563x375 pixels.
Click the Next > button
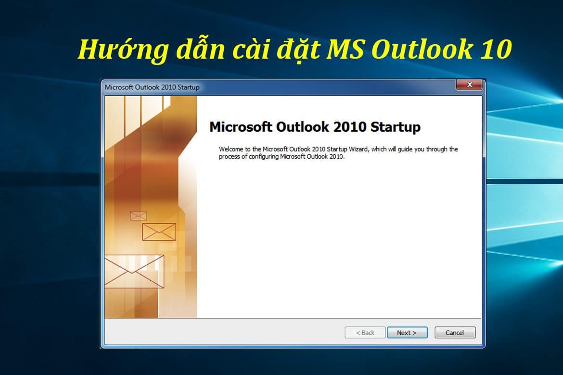pyautogui.click(x=407, y=333)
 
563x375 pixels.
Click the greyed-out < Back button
pyautogui.click(x=365, y=333)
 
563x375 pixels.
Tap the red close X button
pyautogui.click(x=469, y=85)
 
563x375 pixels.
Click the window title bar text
pyautogui.click(x=152, y=87)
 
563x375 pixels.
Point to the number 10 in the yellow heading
pyautogui.click(x=495, y=50)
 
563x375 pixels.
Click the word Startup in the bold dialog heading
pyautogui.click(x=396, y=127)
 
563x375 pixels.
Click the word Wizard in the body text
pyautogui.click(x=359, y=150)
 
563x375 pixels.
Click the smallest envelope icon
pyautogui.click(x=138, y=216)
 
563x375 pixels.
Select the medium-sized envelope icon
pyautogui.click(x=159, y=232)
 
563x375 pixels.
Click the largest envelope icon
pyautogui.click(x=134, y=271)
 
